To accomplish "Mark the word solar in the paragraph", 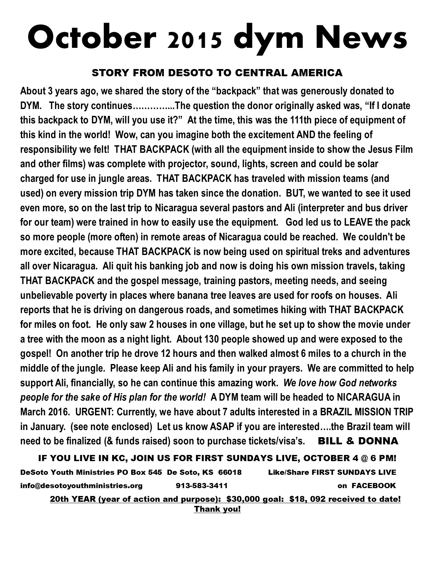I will tap(367, 164).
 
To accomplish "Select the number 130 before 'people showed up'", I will tap(211, 339).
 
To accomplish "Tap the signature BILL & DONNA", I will tap(358, 441).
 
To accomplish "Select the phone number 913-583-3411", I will tap(202, 486).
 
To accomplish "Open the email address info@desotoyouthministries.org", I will tap(81, 486).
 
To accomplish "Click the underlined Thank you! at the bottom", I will tap(217, 509).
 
